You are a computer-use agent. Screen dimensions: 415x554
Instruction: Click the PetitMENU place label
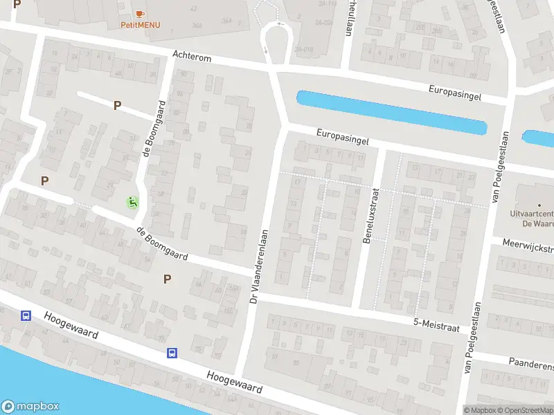tap(140, 25)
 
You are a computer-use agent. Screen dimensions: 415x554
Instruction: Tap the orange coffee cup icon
tap(140, 14)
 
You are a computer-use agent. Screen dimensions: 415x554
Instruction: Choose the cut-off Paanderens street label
tap(530, 364)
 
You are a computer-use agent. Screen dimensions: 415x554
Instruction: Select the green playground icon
tap(132, 202)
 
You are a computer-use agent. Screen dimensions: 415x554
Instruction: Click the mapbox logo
tap(30, 407)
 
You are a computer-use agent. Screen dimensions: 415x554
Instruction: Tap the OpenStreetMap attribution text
tap(524, 410)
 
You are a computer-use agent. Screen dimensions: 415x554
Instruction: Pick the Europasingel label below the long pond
tap(341, 136)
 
